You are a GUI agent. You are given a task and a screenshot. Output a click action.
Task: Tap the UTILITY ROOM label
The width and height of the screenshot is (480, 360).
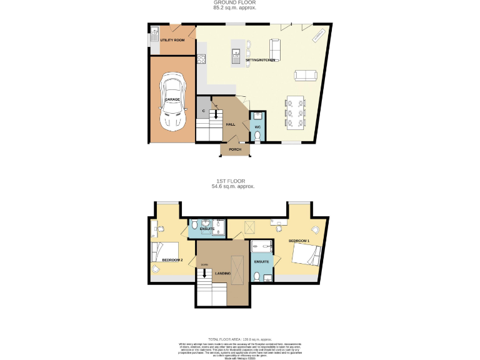[172, 40]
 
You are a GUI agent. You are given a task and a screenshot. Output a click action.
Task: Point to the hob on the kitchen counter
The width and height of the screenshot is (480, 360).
[201, 60]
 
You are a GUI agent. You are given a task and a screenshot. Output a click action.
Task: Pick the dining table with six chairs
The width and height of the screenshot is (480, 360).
[296, 112]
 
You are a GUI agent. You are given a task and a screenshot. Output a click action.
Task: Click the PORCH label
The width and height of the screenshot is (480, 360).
[235, 149]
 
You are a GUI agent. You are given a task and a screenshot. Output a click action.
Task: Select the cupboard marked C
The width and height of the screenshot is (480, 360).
[204, 111]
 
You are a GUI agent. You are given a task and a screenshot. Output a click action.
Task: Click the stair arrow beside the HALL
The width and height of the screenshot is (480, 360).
[216, 114]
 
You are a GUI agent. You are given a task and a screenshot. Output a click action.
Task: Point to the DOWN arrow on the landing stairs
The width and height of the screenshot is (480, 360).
[204, 273]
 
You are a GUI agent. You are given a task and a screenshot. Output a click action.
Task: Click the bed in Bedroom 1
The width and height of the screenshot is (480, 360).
[306, 256]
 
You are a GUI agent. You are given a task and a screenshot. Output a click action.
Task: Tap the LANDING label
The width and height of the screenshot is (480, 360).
[222, 274]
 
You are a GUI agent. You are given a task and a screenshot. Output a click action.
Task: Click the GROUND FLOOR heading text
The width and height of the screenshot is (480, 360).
[234, 2]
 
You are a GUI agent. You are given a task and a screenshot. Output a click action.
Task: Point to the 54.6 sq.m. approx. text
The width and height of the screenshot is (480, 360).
[234, 186]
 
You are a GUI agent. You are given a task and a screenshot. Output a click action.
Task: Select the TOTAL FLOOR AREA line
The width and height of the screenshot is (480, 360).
[234, 338]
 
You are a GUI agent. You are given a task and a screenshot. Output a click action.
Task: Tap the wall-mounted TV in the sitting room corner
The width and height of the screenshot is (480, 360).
[318, 36]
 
